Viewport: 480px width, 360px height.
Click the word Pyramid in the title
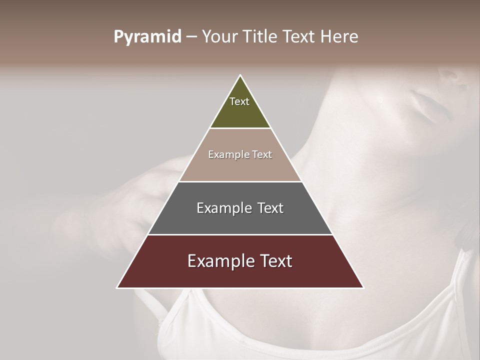(147, 37)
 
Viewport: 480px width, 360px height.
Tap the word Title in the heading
(262, 37)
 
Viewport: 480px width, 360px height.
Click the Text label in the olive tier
(239, 101)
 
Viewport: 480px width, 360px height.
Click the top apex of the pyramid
(240, 75)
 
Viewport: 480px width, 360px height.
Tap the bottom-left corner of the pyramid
(117, 287)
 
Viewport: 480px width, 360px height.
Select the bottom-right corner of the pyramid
(363, 287)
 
